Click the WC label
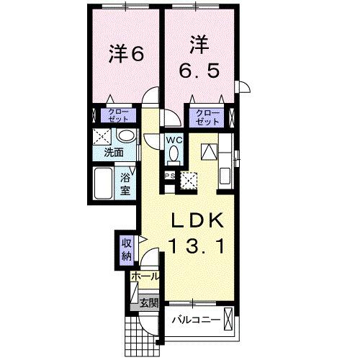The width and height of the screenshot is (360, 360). click(174, 140)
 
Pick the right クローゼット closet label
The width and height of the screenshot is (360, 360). click(206, 115)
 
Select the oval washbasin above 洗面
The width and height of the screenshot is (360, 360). click(125, 137)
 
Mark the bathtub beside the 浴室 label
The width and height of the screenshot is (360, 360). click(103, 184)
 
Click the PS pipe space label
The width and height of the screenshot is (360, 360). click(170, 175)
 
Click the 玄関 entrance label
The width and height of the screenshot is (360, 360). click(149, 302)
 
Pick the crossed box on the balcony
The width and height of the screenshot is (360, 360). click(228, 318)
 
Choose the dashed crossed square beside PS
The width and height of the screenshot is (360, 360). click(190, 180)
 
